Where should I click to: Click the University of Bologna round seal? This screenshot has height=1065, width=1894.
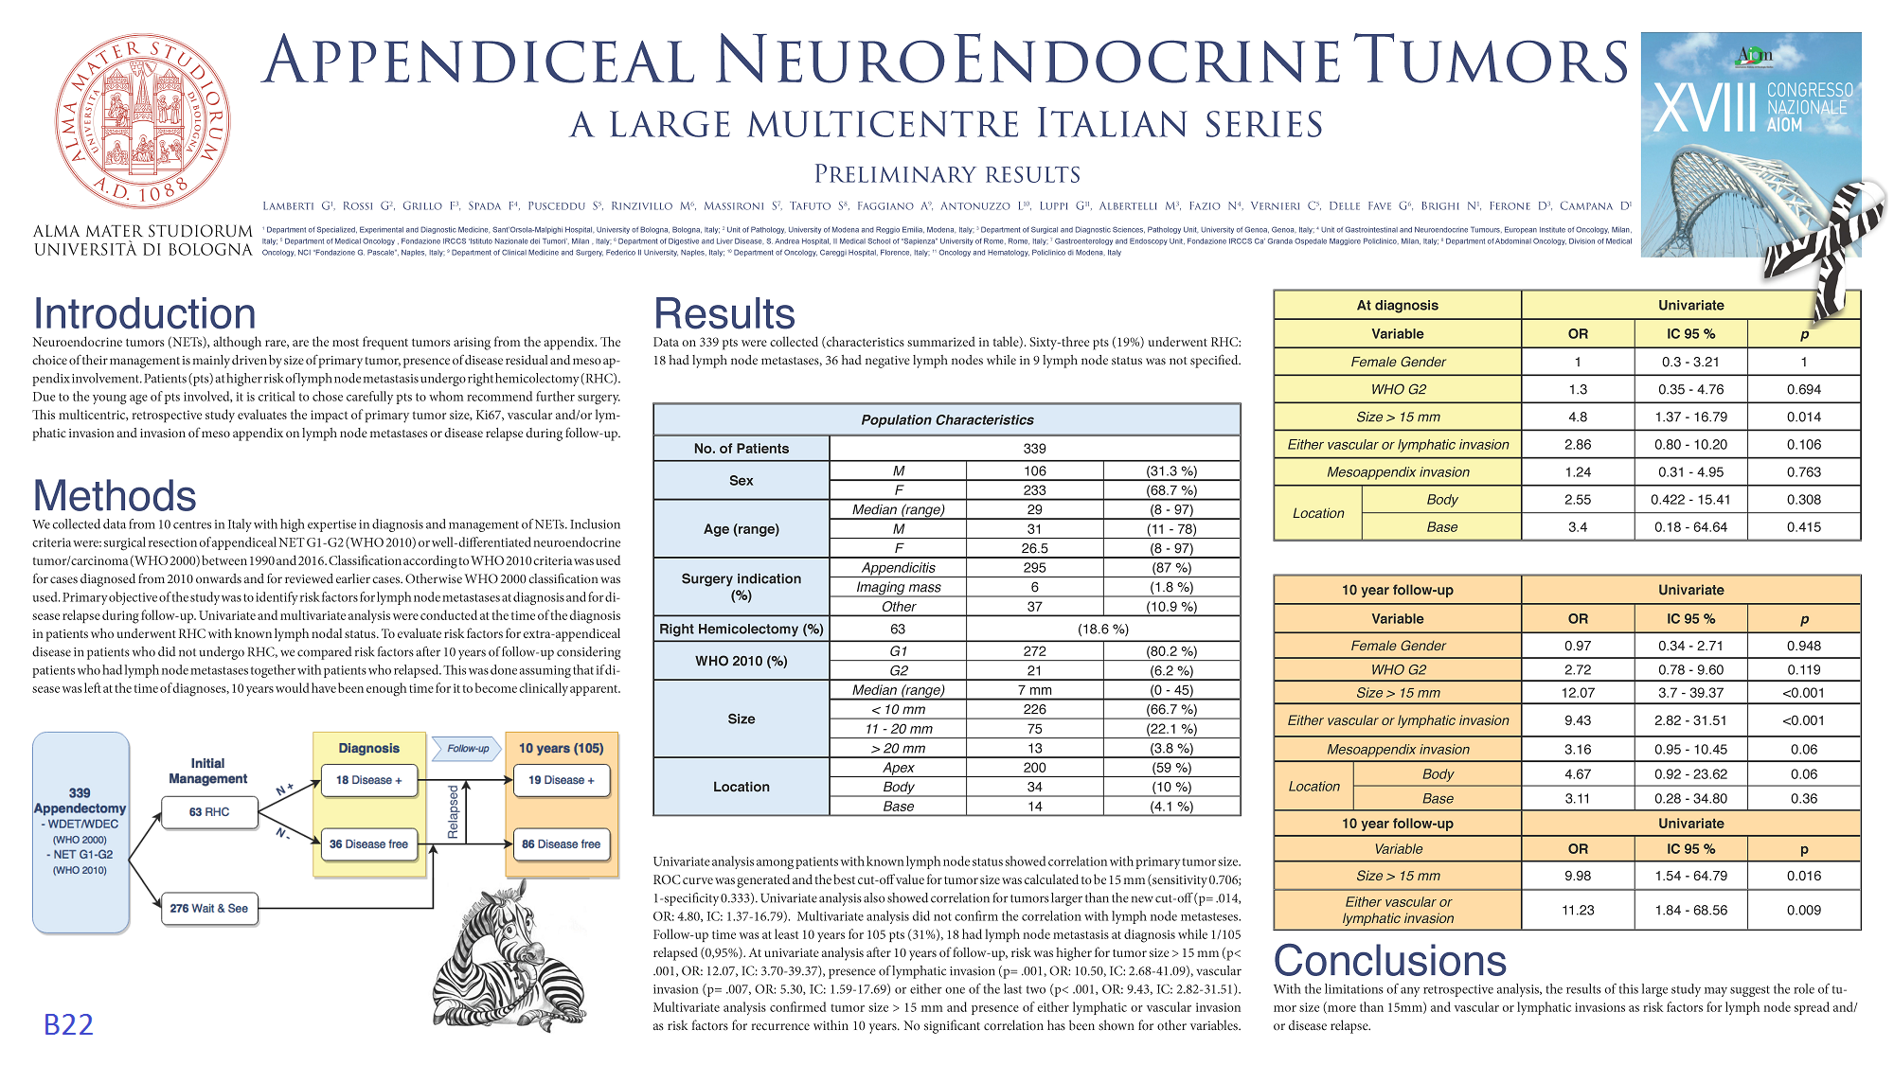[x=142, y=121]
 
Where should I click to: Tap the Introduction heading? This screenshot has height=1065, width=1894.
[x=145, y=314]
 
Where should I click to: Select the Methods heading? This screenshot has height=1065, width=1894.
[x=115, y=496]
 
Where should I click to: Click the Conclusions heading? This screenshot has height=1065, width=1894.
[x=1389, y=961]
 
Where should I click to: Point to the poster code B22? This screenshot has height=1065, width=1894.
[x=68, y=1024]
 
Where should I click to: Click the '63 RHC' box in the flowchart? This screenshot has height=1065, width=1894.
[x=209, y=812]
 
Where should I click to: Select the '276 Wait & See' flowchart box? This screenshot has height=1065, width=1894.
[x=209, y=909]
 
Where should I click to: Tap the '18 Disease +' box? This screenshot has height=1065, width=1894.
[x=368, y=781]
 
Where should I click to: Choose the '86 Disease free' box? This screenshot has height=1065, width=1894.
[x=561, y=844]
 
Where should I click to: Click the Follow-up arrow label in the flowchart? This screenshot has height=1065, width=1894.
[x=468, y=749]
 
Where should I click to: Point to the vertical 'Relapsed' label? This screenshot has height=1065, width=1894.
[x=453, y=811]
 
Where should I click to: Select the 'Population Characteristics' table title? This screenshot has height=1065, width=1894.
[x=947, y=420]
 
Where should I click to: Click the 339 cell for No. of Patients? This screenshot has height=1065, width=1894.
[x=1034, y=449]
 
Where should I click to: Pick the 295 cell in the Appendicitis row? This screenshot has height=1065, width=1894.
[x=1034, y=568]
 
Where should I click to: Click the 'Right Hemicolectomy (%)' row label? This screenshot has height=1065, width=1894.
[x=742, y=630]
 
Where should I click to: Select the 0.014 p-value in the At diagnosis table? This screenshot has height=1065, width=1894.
[x=1804, y=417]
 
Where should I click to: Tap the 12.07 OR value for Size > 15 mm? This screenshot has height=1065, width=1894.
[x=1578, y=693]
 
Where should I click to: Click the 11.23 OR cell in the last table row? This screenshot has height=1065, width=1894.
[x=1578, y=911]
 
